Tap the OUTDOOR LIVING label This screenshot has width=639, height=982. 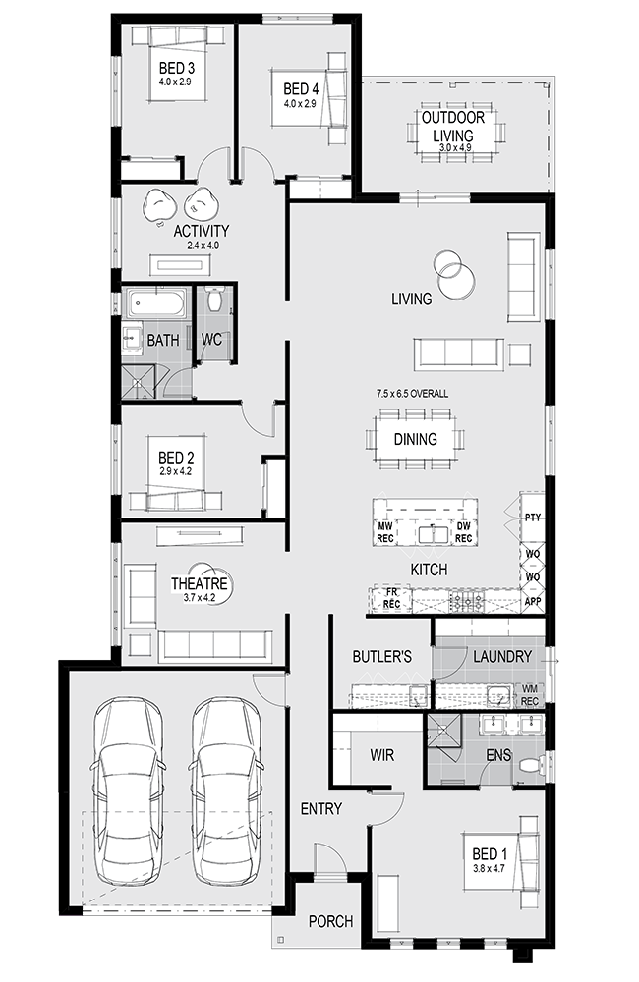pyautogui.click(x=453, y=127)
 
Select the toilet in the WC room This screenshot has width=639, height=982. pyautogui.click(x=215, y=300)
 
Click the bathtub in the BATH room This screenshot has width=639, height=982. pyautogui.click(x=157, y=303)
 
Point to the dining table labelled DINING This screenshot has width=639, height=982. pyautogui.click(x=415, y=439)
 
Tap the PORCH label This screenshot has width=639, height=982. pyautogui.click(x=330, y=921)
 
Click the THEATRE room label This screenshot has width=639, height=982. pyautogui.click(x=200, y=583)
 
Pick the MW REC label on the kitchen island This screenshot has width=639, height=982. pyautogui.click(x=385, y=533)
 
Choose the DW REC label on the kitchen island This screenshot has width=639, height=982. pyautogui.click(x=463, y=533)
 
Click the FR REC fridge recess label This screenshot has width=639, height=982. pyautogui.click(x=391, y=598)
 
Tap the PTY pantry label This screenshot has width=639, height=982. pyautogui.click(x=533, y=518)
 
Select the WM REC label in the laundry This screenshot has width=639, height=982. pyautogui.click(x=529, y=695)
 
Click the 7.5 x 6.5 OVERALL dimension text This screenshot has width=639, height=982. pyautogui.click(x=412, y=394)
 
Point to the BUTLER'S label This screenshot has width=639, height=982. pyautogui.click(x=381, y=656)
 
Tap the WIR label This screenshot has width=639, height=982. pyautogui.click(x=381, y=755)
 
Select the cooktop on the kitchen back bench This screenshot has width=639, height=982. pyautogui.click(x=467, y=603)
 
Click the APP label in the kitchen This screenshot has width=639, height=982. pyautogui.click(x=533, y=602)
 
